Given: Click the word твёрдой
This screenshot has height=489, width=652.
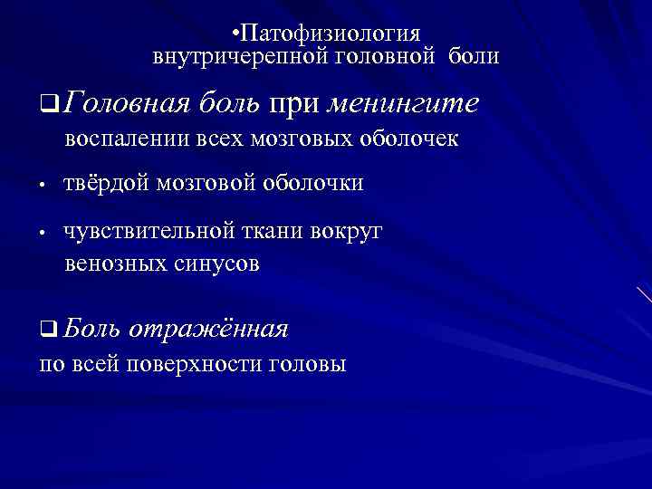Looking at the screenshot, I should point(107,184).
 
